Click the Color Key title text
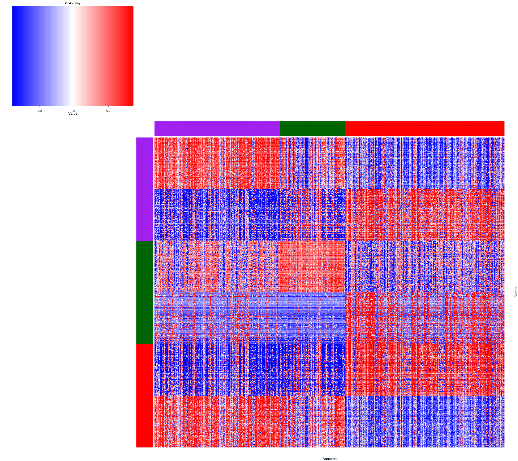pos(73,3)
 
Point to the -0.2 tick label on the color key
pos(39,111)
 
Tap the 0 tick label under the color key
pos(74,111)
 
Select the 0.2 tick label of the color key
pos(108,111)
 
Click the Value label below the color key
pos(73,114)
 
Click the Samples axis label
pos(330,459)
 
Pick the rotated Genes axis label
pos(516,292)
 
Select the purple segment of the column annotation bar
pos(217,129)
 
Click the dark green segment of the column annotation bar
pos(313,129)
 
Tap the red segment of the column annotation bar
pos(424,129)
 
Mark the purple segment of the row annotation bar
pos(145,189)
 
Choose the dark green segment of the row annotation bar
pos(145,292)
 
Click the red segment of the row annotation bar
pos(145,396)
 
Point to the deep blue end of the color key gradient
pos(16,56)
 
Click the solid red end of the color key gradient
pos(129,56)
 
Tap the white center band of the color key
pos(72,56)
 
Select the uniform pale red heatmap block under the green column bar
pos(313,267)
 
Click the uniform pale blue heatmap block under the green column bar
pos(313,318)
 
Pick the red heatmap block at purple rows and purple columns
pos(217,163)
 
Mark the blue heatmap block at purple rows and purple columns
pos(217,215)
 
